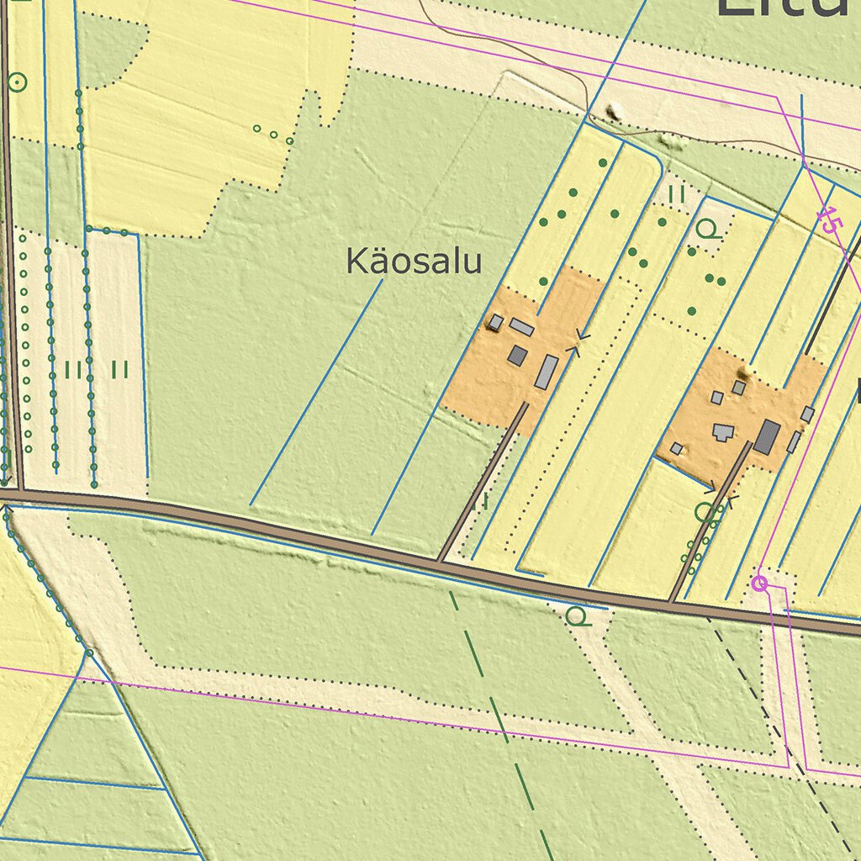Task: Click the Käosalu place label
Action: [x=414, y=262]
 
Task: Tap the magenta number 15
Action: [x=829, y=220]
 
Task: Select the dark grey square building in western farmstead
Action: [x=517, y=356]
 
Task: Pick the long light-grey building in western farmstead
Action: [x=547, y=372]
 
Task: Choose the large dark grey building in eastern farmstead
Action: [x=766, y=437]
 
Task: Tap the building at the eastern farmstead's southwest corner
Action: [x=676, y=449]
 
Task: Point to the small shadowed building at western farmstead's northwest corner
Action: [x=496, y=322]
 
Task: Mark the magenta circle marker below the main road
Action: [x=760, y=584]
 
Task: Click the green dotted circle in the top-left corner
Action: [x=16, y=82]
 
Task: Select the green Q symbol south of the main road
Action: [x=578, y=617]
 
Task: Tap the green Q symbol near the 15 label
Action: [x=709, y=229]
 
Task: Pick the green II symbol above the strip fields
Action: [x=678, y=194]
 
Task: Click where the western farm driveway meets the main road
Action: [x=440, y=559]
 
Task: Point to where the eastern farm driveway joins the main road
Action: [x=672, y=601]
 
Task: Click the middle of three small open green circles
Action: [x=273, y=134]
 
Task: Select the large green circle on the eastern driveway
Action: [x=705, y=510]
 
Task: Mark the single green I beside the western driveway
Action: [x=485, y=503]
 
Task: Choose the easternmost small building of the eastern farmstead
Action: [x=807, y=414]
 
